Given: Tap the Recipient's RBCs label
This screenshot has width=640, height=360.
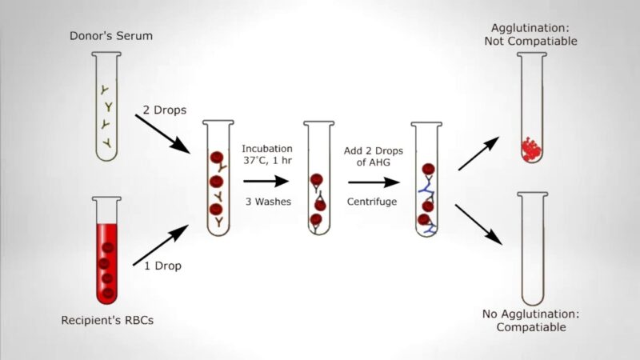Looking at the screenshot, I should point(107,321).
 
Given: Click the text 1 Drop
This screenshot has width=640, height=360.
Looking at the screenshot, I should point(163,266).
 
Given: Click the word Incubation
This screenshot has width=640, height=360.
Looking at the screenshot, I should point(267,150).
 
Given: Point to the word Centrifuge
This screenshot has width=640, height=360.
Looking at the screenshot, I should point(372,202).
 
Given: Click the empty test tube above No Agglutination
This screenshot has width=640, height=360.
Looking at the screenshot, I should point(532,248).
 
